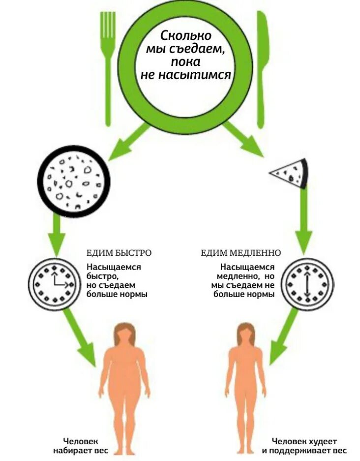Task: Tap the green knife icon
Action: [262, 64]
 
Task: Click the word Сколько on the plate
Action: [186, 36]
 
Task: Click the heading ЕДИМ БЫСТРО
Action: [119, 253]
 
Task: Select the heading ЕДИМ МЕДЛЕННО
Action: [241, 253]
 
